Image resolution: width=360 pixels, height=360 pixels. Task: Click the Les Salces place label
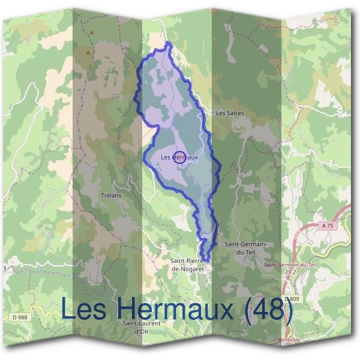pyautogui.click(x=229, y=113)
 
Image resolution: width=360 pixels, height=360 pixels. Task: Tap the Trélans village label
pyautogui.click(x=111, y=196)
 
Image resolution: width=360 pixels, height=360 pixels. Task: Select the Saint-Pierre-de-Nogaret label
pyautogui.click(x=188, y=265)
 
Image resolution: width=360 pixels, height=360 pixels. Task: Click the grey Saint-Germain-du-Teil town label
pyautogui.click(x=245, y=248)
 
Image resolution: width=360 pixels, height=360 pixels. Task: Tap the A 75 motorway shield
pyautogui.click(x=326, y=226)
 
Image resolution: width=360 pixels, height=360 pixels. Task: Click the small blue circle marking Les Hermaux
pyautogui.click(x=179, y=157)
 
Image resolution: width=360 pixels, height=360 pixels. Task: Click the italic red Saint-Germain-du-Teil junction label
pyautogui.click(x=290, y=265)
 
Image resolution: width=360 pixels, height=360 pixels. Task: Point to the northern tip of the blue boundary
pyautogui.click(x=169, y=43)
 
